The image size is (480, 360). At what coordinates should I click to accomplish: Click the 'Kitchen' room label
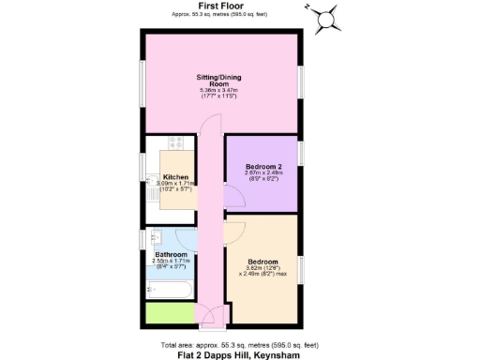(176, 177)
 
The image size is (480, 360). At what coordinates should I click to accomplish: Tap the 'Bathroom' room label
(171, 254)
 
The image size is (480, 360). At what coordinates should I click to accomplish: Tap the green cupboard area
(169, 314)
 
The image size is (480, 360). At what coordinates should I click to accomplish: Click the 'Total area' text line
(239, 344)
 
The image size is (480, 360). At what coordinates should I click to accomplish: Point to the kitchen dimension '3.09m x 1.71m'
(176, 185)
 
